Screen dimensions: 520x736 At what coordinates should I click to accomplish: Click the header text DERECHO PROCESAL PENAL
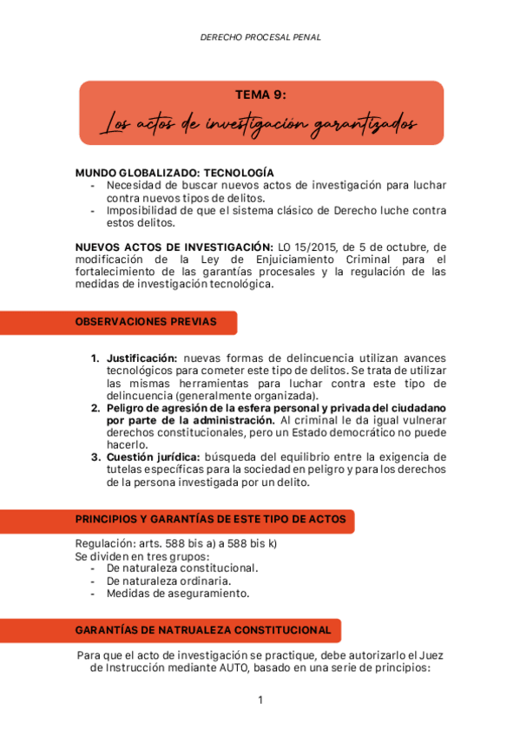pyautogui.click(x=260, y=38)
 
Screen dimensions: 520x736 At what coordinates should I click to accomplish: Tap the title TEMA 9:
pyautogui.click(x=260, y=95)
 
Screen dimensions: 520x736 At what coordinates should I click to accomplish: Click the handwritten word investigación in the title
pyautogui.click(x=260, y=124)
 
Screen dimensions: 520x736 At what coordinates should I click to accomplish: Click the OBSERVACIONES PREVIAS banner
pyautogui.click(x=146, y=322)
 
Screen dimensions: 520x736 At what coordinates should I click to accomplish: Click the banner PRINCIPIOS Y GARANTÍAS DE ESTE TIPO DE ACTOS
pyautogui.click(x=210, y=520)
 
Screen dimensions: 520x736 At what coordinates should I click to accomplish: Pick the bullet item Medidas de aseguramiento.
pyautogui.click(x=177, y=594)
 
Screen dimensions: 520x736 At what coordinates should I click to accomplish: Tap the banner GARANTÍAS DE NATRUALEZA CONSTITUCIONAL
pyautogui.click(x=203, y=630)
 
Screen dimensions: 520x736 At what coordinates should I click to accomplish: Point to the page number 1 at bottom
pyautogui.click(x=260, y=700)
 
